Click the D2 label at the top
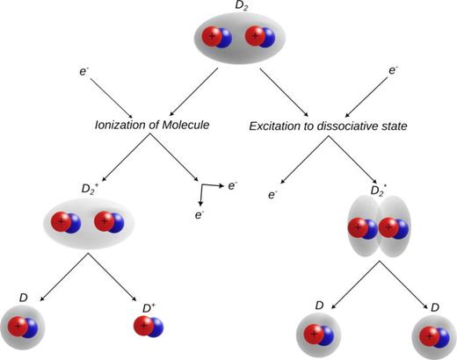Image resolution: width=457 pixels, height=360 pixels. pos(240,6)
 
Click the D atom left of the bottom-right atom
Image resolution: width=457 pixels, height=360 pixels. pos(316,335)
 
